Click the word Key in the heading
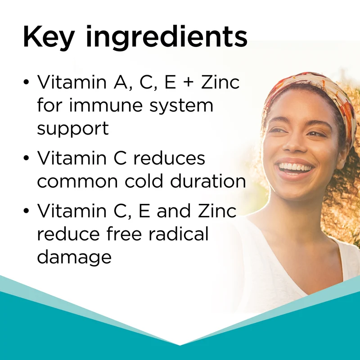click(49, 37)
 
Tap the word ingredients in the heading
click(166, 37)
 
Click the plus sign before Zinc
click(189, 82)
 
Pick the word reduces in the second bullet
click(169, 159)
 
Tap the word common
click(77, 182)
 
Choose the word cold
click(144, 180)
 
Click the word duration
click(208, 180)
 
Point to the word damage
click(74, 257)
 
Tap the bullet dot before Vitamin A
click(27, 82)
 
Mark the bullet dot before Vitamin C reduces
click(27, 158)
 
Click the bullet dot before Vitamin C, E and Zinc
click(27, 211)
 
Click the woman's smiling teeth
click(295, 166)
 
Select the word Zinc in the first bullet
click(220, 82)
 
